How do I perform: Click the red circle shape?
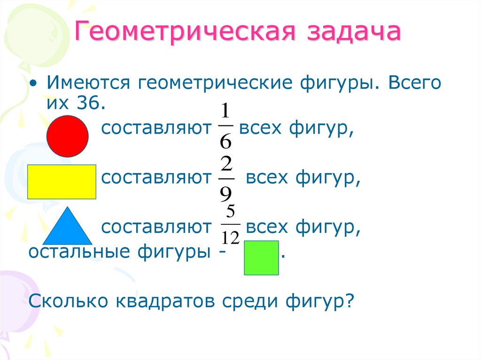68,136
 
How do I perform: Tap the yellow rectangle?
62,182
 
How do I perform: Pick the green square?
261,258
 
